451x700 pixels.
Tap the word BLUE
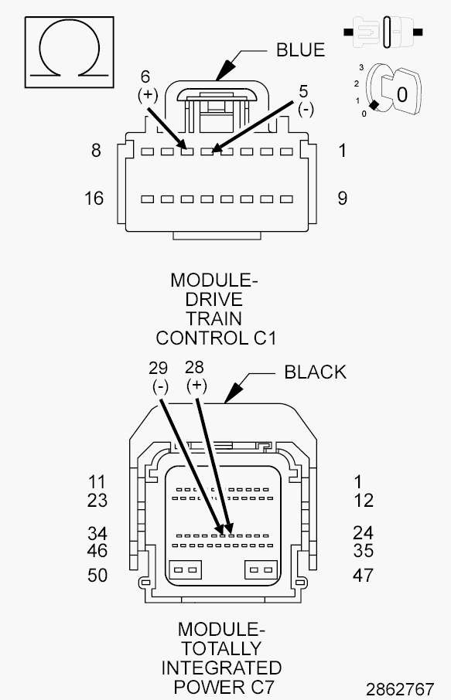pos(300,50)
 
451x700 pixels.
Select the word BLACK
pos(315,372)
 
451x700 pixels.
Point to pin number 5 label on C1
pos(304,90)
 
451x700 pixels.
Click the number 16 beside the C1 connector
pos(94,199)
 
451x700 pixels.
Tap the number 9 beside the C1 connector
pos(342,199)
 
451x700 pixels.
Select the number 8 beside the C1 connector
pos(96,151)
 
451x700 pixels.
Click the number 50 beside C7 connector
pos(97,576)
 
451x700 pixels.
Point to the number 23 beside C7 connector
pos(97,501)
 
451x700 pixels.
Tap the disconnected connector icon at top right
pos(383,33)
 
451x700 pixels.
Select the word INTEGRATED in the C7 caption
pos(221,668)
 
